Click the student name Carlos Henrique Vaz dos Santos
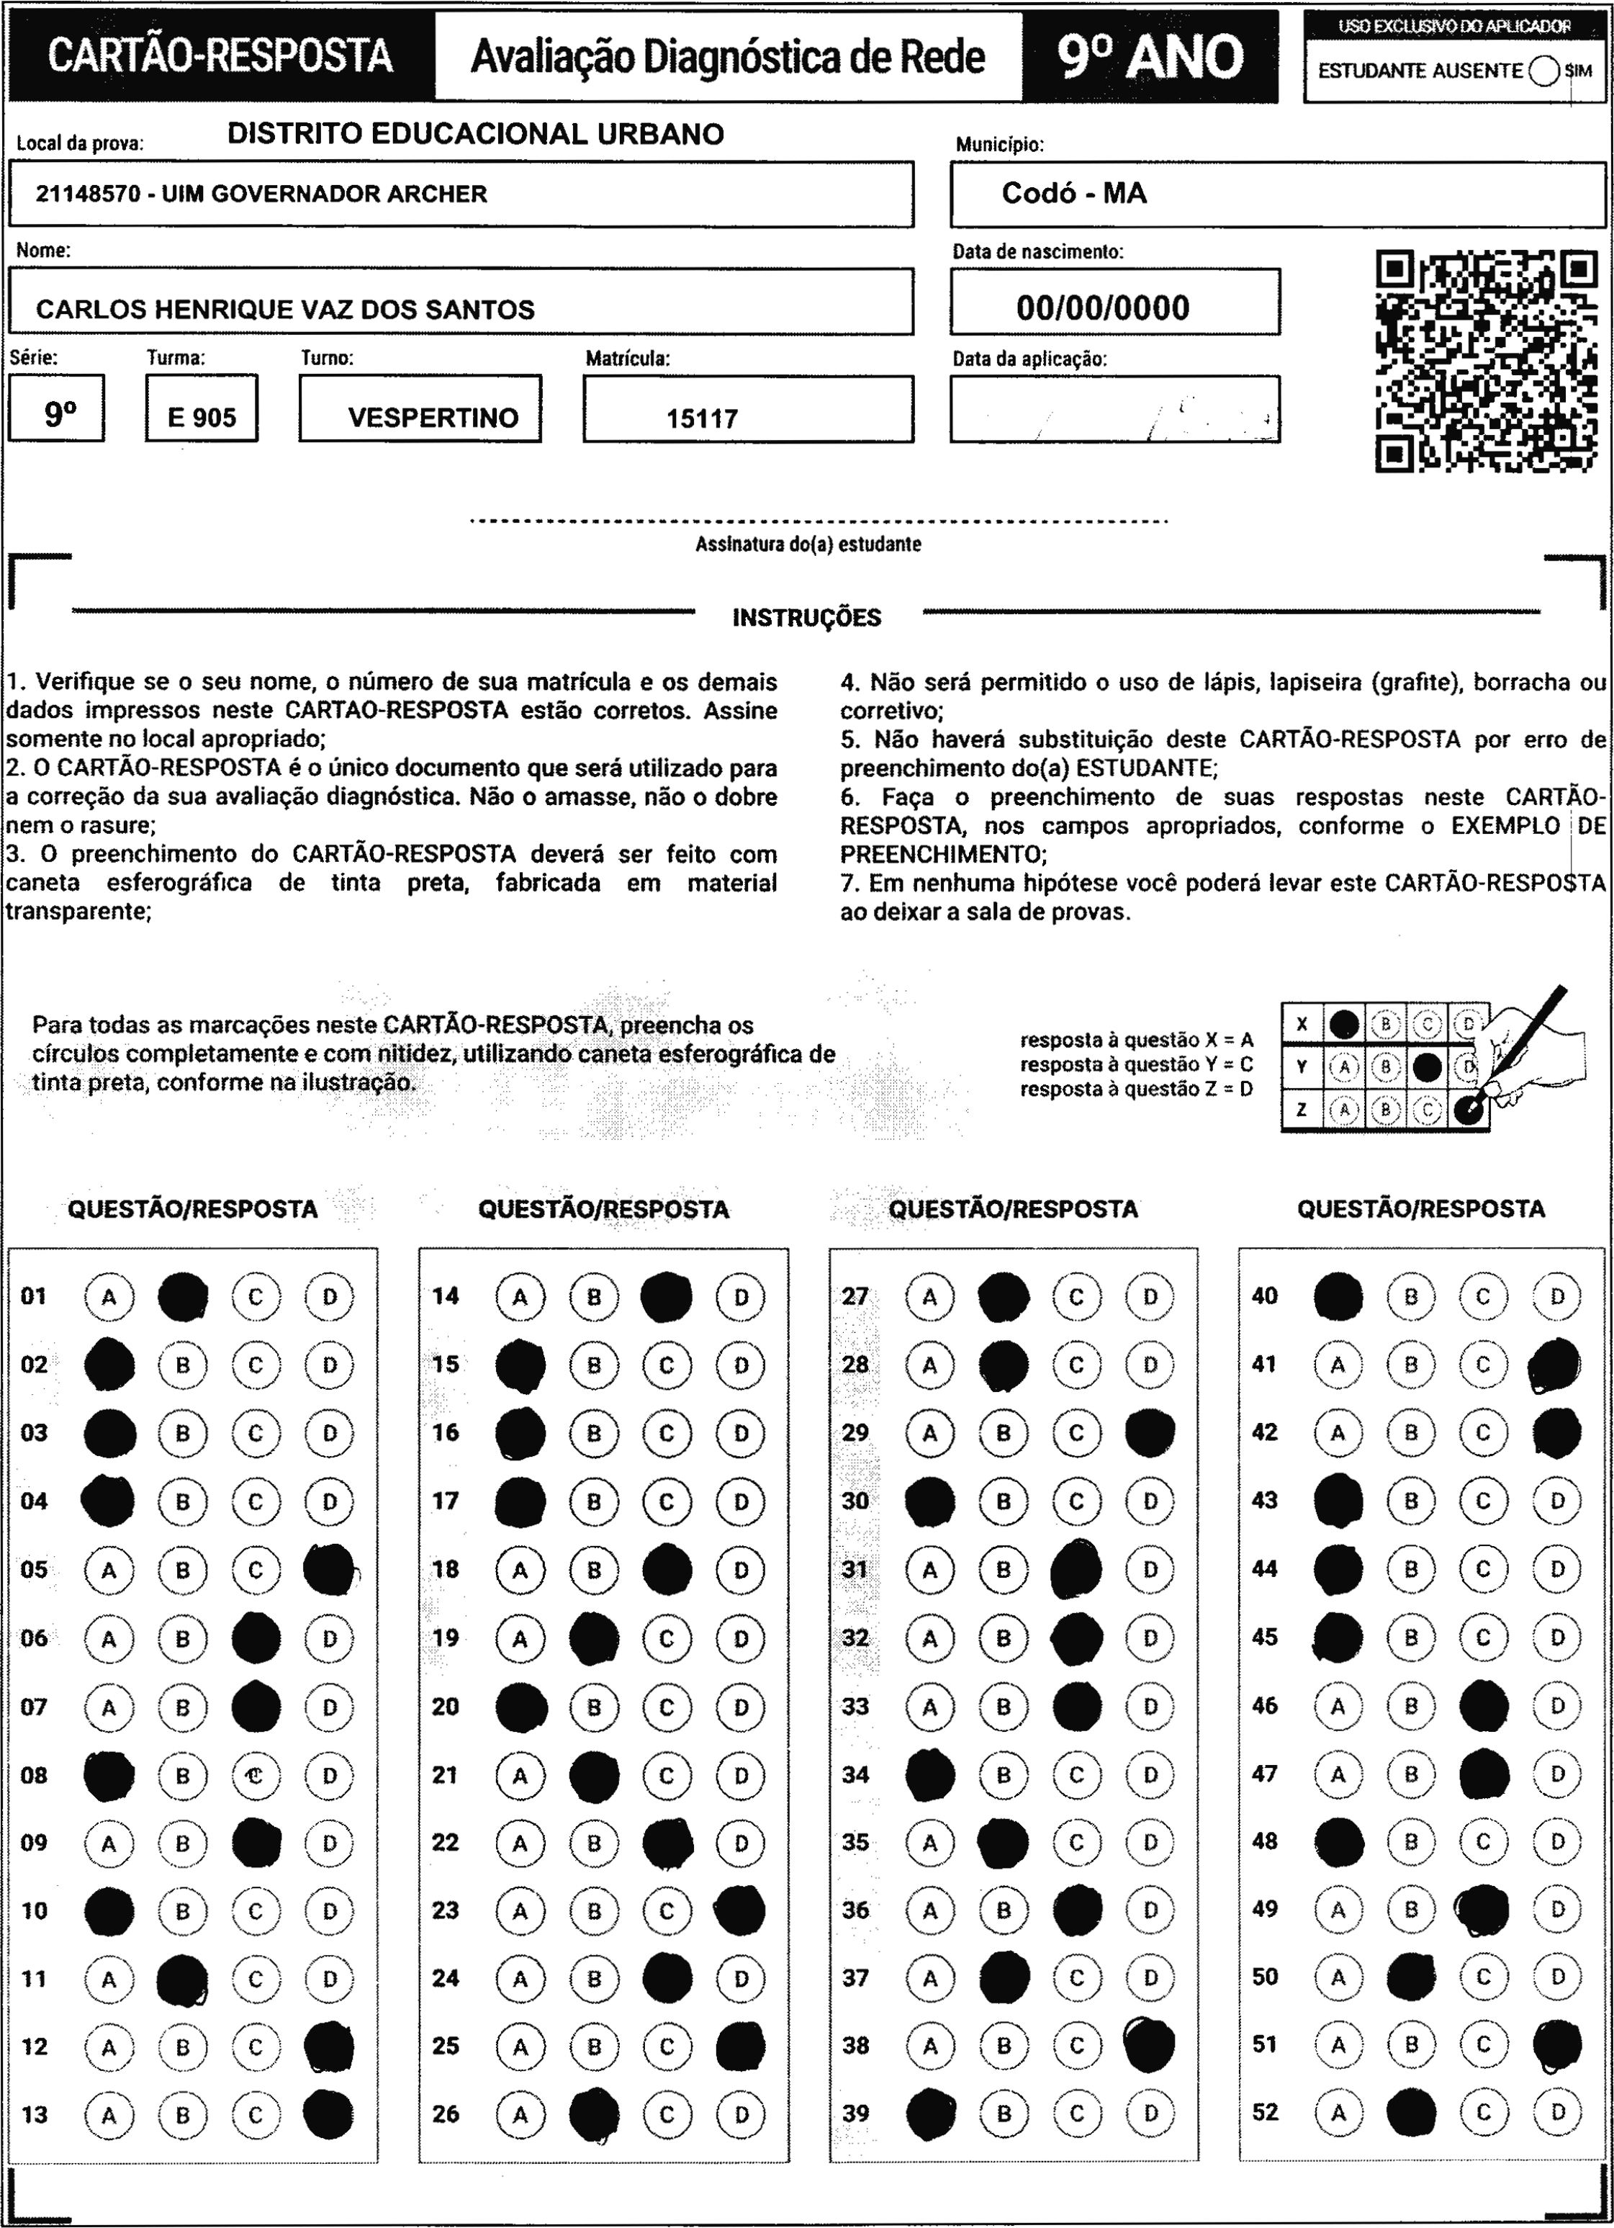[x=285, y=310]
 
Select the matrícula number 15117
[x=701, y=418]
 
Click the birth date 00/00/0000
[x=1102, y=308]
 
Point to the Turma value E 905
[x=202, y=418]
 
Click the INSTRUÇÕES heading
[x=806, y=618]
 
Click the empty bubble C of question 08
[x=256, y=1775]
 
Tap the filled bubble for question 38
[x=1150, y=2045]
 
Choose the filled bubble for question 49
[x=1484, y=1910]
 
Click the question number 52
[x=1266, y=2112]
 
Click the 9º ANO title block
[x=1150, y=57]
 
